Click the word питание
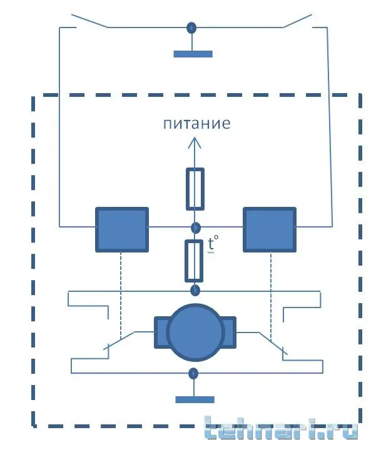(x=196, y=123)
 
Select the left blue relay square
(x=121, y=229)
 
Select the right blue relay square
(x=269, y=229)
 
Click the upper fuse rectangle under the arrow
(x=195, y=188)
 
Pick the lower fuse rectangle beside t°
(x=195, y=261)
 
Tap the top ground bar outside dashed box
(x=193, y=54)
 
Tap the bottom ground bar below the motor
(x=195, y=399)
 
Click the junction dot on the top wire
(x=192, y=27)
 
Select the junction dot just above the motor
(x=195, y=291)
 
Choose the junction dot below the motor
(x=195, y=374)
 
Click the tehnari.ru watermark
(x=282, y=429)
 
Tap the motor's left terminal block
(x=161, y=332)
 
